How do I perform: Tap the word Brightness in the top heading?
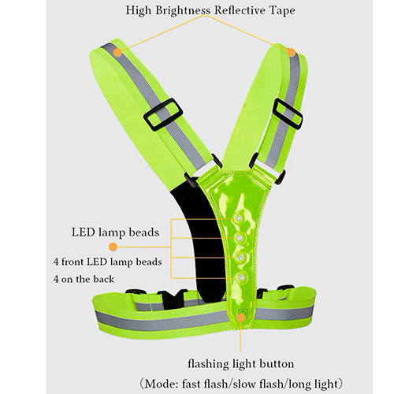(183, 10)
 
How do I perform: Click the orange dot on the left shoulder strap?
(118, 53)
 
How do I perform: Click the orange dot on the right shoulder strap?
(291, 53)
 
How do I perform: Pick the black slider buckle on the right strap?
(288, 114)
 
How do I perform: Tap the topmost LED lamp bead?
(239, 218)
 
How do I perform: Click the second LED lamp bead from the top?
(240, 238)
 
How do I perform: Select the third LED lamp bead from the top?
(240, 258)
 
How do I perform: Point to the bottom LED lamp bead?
(241, 277)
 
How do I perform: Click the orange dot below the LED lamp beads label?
(113, 247)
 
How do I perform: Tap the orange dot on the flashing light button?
(241, 318)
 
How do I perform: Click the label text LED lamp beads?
(116, 232)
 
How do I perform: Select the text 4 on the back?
(84, 279)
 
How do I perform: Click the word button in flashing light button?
(277, 364)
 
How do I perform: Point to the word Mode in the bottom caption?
(161, 384)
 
